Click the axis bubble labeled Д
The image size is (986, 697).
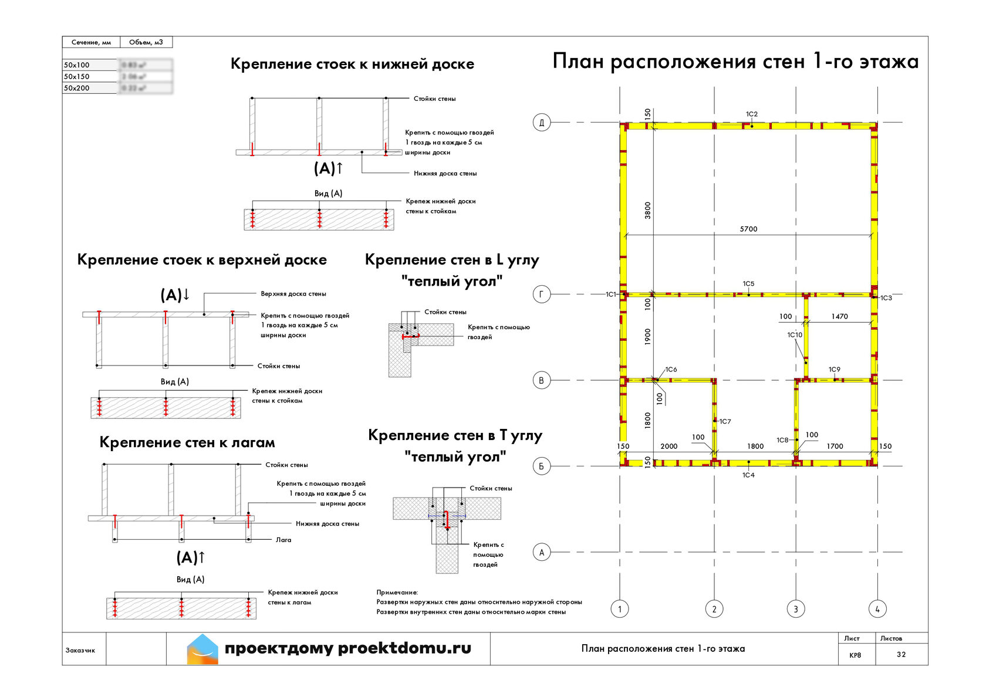click(541, 123)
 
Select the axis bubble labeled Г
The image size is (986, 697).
click(541, 294)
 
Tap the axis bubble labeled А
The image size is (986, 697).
click(541, 552)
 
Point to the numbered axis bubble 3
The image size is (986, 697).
click(796, 609)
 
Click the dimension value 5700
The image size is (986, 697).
click(748, 229)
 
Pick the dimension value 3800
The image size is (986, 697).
click(647, 210)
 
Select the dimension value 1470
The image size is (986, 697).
click(839, 316)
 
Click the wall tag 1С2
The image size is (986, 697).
click(752, 114)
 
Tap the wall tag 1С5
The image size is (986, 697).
click(748, 283)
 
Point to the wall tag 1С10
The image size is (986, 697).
click(795, 334)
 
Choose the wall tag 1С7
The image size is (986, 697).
click(725, 421)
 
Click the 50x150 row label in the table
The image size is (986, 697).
click(77, 76)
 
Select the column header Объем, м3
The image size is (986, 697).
click(146, 42)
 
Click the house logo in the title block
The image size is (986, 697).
click(202, 649)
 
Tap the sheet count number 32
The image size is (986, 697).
click(901, 654)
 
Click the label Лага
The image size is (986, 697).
click(283, 540)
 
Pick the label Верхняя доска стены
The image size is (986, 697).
click(293, 293)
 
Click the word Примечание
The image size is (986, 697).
click(397, 593)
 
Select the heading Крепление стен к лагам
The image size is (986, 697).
click(187, 442)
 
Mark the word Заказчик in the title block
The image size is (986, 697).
click(80, 650)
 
